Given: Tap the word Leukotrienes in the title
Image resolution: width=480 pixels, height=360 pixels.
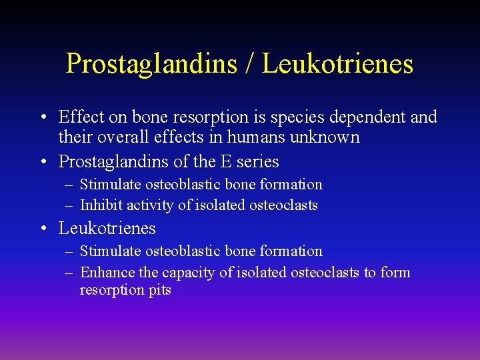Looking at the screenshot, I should click(337, 63).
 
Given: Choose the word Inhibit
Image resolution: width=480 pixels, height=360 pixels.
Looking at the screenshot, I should click(101, 205).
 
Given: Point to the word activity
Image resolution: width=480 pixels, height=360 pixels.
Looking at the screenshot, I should click(152, 205).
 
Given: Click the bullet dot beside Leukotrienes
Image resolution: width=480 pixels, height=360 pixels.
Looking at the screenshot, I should click(43, 229).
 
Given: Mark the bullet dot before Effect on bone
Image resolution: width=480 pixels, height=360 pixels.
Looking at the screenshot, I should click(43, 118).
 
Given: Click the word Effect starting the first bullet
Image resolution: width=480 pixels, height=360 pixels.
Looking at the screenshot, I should click(81, 117).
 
